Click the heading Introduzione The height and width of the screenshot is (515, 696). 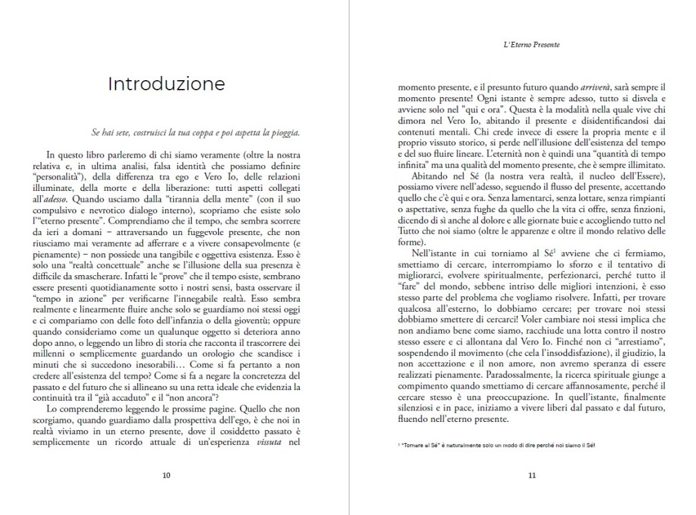(167, 84)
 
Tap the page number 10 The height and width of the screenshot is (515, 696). (167, 475)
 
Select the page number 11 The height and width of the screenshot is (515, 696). (532, 475)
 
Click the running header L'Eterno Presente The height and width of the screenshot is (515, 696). (532, 46)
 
